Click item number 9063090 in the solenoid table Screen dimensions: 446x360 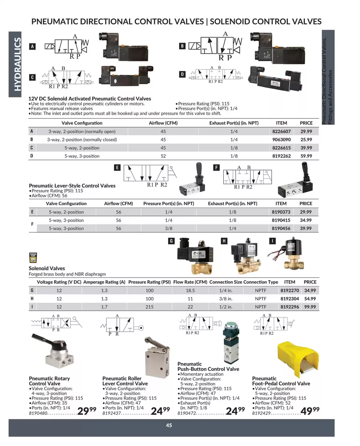coord(281,140)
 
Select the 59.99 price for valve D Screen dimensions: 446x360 coord(306,156)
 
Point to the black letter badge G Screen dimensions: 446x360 coord(171,241)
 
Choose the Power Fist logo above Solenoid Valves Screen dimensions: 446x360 coord(33,258)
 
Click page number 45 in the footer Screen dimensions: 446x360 coord(169,425)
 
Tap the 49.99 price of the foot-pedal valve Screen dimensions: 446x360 coord(310,410)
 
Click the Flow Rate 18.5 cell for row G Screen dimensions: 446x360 coord(190,291)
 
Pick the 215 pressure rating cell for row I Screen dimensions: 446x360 coord(149,307)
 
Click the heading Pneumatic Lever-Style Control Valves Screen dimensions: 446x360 coord(72,186)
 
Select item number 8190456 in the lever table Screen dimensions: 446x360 coord(281,228)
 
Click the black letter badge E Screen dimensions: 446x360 coord(117,167)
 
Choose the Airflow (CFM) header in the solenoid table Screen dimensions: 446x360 coord(163,123)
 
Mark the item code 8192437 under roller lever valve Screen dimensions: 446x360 coord(111,413)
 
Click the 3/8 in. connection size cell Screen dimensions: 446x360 coord(226,299)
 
